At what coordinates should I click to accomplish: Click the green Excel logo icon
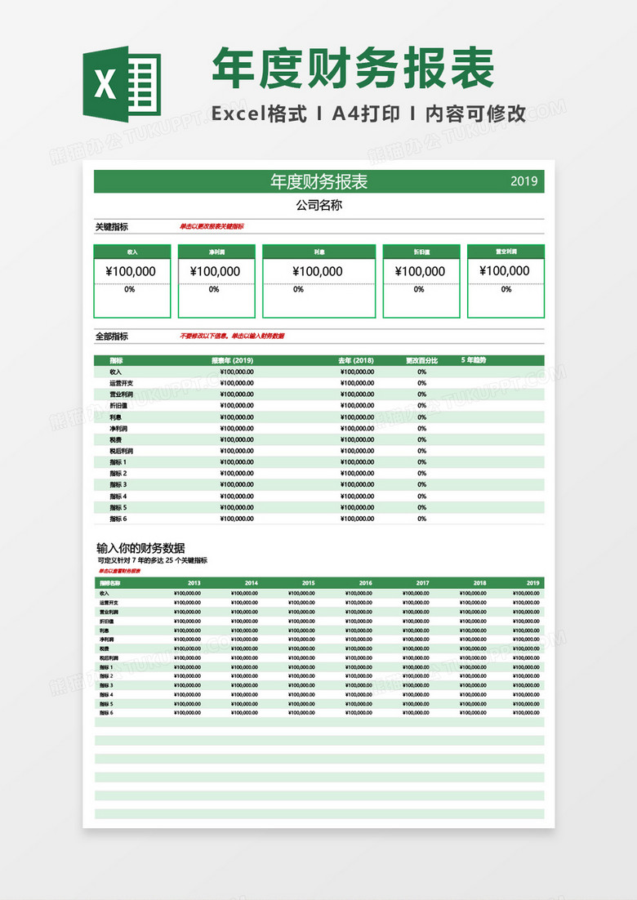pos(122,82)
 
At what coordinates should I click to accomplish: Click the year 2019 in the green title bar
pos(524,181)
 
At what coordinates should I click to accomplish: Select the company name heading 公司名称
pos(318,205)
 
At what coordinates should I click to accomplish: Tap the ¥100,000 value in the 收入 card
pos(131,272)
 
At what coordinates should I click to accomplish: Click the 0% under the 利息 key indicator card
pos(298,290)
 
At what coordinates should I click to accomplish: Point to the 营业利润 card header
pos(506,252)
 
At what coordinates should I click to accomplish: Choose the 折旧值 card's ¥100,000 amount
pos(420,272)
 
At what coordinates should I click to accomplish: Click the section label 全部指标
pos(111,336)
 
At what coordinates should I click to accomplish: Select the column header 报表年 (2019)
pos(233,360)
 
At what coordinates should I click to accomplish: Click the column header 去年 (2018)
pos(356,360)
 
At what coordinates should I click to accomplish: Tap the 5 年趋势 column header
pos(479,360)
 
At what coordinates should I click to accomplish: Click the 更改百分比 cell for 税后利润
pos(421,451)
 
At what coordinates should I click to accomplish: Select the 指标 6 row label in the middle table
pos(118,519)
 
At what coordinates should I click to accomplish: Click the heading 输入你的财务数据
pos(140,548)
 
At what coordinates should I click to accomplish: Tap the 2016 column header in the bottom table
pos(365,583)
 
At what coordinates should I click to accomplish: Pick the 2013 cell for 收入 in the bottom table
pos(188,593)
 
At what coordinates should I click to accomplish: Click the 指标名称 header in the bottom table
pos(110,583)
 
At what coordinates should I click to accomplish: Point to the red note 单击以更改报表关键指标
pos(212,226)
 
